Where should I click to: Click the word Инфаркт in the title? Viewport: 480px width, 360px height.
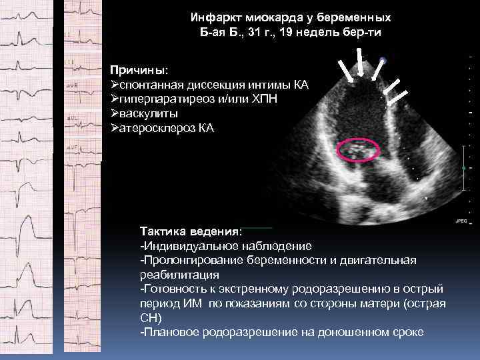tap(212, 16)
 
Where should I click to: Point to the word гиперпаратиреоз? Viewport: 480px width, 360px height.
tap(164, 99)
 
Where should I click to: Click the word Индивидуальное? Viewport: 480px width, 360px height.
tap(187, 246)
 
